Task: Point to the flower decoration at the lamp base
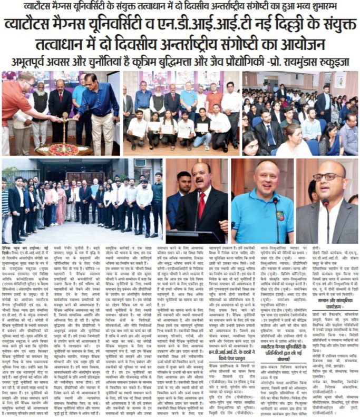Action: click(x=63, y=149)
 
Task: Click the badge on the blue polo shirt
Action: click(x=280, y=215)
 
